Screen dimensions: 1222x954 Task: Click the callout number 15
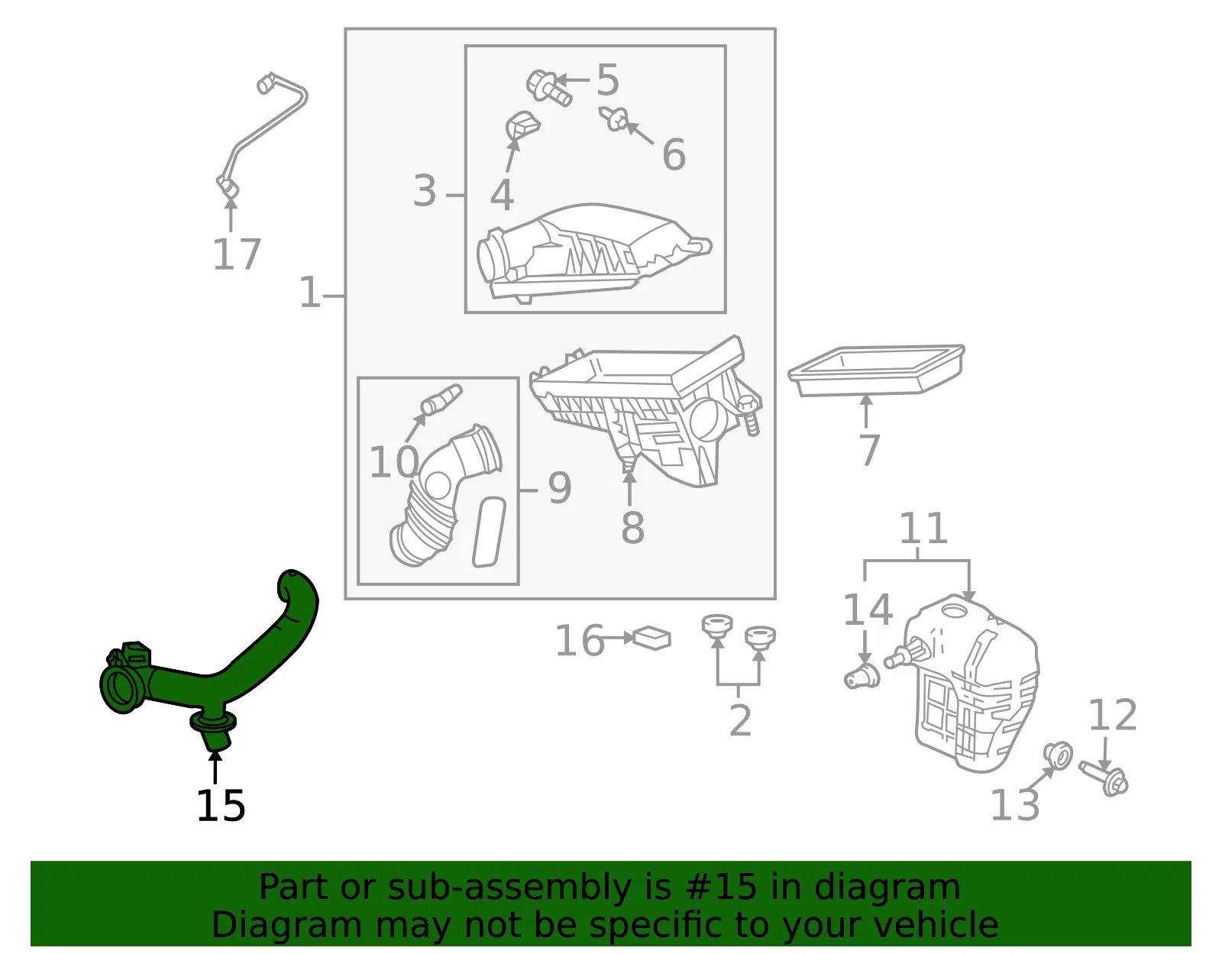[x=221, y=806]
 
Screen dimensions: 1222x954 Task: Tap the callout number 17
[x=237, y=254]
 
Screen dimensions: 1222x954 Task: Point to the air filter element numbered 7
[x=875, y=370]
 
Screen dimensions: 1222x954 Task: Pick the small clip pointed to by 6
[x=613, y=118]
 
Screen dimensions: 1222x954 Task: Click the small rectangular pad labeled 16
[x=652, y=639]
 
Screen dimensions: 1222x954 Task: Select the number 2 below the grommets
[x=740, y=720]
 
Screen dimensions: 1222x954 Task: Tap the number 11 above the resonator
[x=923, y=528]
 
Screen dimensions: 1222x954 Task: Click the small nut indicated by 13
[x=1057, y=755]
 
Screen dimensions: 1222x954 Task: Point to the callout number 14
[x=868, y=610]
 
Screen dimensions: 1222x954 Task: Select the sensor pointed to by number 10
[x=441, y=399]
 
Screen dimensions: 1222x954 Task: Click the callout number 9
[x=560, y=488]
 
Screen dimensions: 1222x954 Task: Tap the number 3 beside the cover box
[x=425, y=191]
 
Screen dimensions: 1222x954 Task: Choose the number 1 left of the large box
[x=310, y=292]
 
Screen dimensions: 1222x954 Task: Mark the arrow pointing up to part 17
[x=231, y=214]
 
